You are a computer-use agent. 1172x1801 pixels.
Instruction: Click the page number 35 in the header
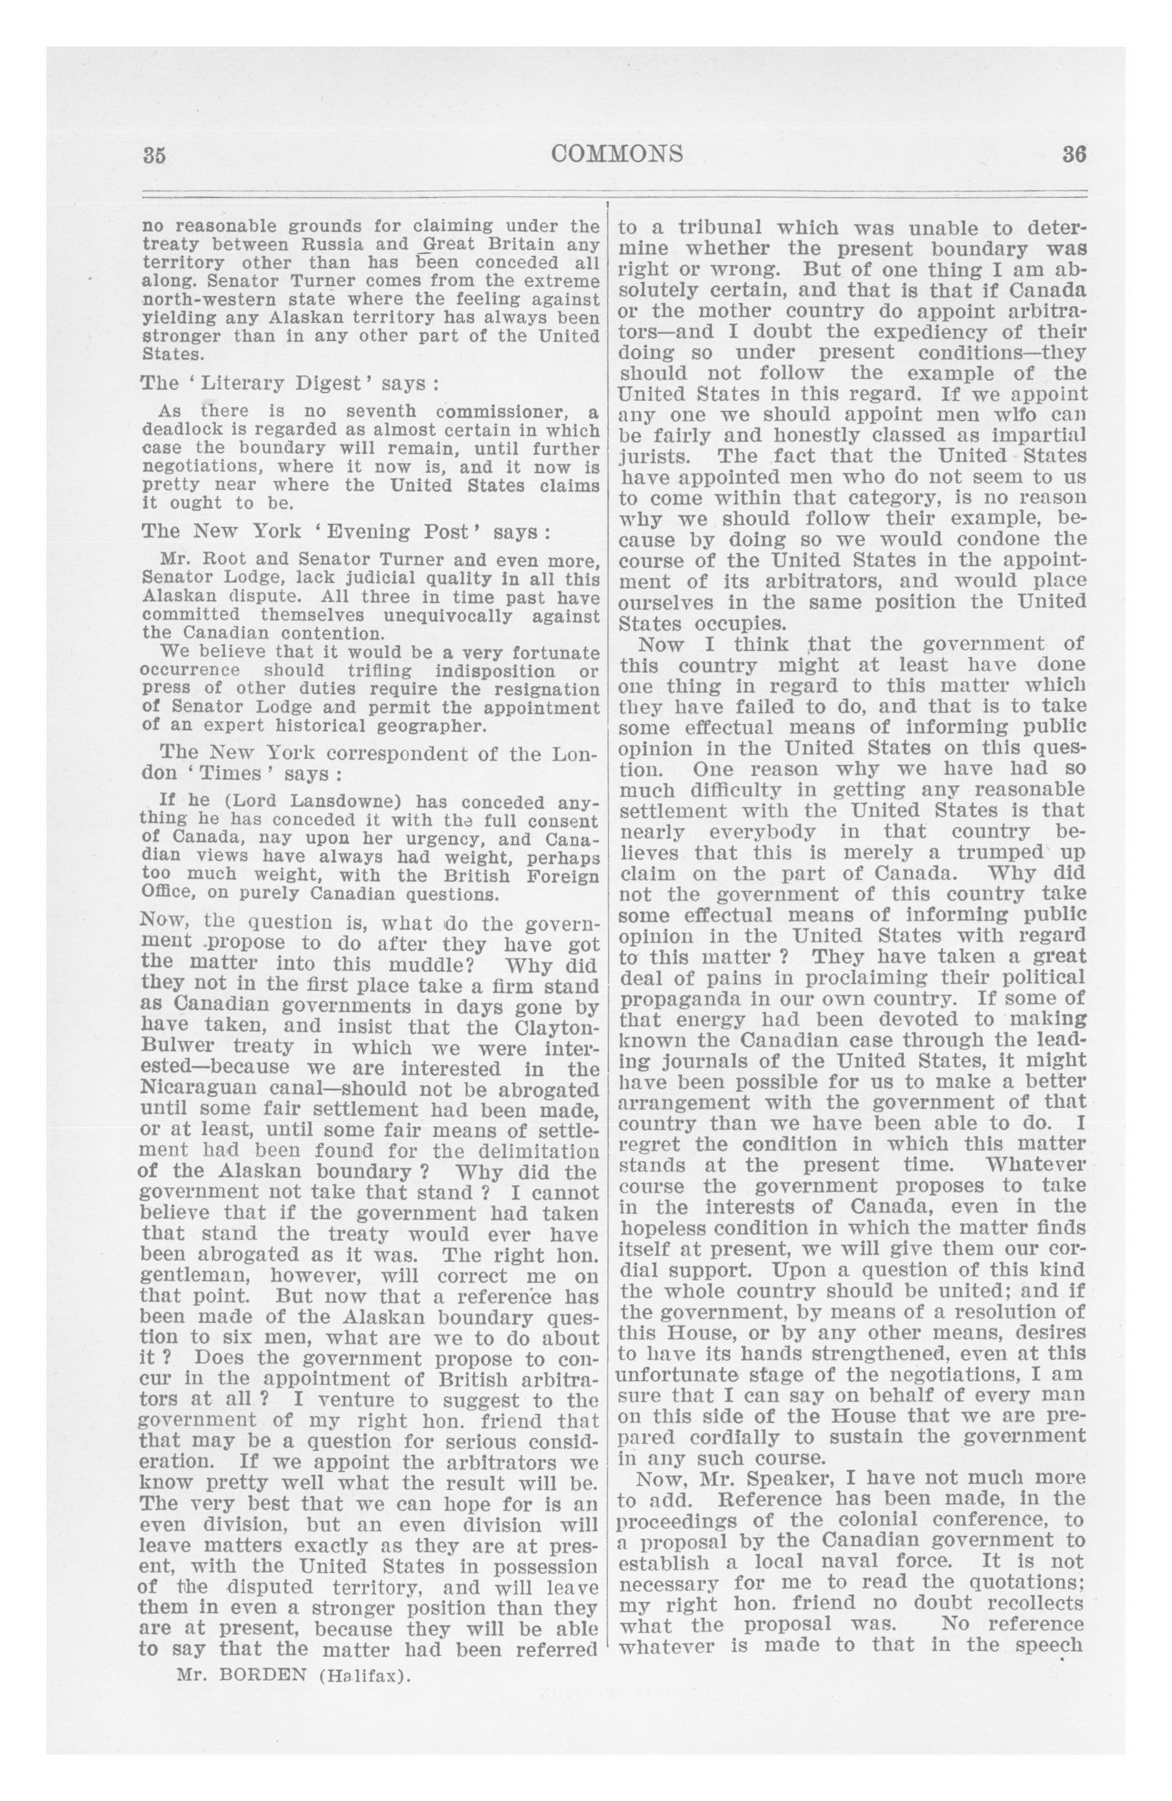tap(154, 154)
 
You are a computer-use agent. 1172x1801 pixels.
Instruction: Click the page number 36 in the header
tap(1074, 154)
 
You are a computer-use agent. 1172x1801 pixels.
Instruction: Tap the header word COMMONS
tap(617, 154)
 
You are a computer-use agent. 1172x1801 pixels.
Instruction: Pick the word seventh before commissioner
tap(381, 412)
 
